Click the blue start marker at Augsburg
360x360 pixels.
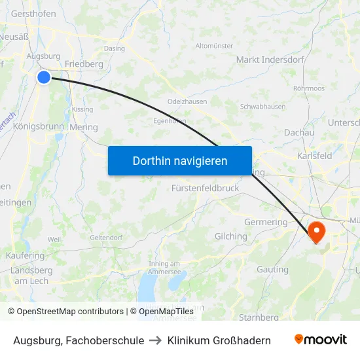(x=44, y=77)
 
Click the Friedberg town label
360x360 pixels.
(x=84, y=64)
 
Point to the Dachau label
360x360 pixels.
(x=299, y=132)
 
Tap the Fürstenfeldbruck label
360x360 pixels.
(x=205, y=188)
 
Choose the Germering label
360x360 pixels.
(x=265, y=222)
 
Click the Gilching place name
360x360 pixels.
(x=230, y=236)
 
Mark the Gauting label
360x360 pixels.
(x=272, y=269)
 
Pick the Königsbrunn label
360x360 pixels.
(x=37, y=126)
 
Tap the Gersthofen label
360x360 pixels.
(x=33, y=13)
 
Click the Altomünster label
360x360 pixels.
(x=214, y=46)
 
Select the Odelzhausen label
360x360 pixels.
(x=187, y=102)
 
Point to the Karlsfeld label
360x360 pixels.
(x=314, y=156)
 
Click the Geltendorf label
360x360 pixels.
(x=105, y=237)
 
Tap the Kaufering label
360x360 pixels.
(x=25, y=255)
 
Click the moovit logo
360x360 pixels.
(x=320, y=340)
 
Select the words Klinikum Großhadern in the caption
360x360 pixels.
(x=219, y=340)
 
